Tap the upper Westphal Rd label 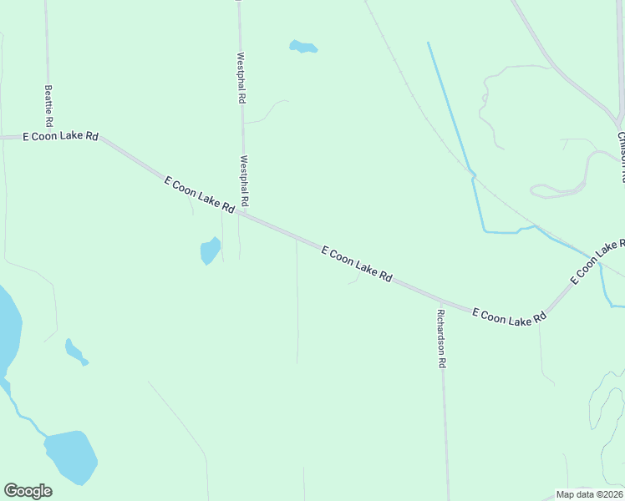(x=241, y=78)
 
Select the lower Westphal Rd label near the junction (x=245, y=181)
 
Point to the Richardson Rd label (x=441, y=339)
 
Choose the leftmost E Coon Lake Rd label (x=60, y=136)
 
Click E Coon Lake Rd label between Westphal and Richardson (x=357, y=264)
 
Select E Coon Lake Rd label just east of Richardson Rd (x=509, y=316)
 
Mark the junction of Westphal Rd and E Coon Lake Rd (x=243, y=213)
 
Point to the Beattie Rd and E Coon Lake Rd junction (x=48, y=136)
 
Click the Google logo (x=28, y=491)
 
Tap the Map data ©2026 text (x=589, y=493)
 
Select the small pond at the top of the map (x=302, y=47)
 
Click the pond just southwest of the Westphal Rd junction (x=210, y=250)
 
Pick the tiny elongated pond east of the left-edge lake (x=75, y=352)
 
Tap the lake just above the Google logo (x=71, y=456)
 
